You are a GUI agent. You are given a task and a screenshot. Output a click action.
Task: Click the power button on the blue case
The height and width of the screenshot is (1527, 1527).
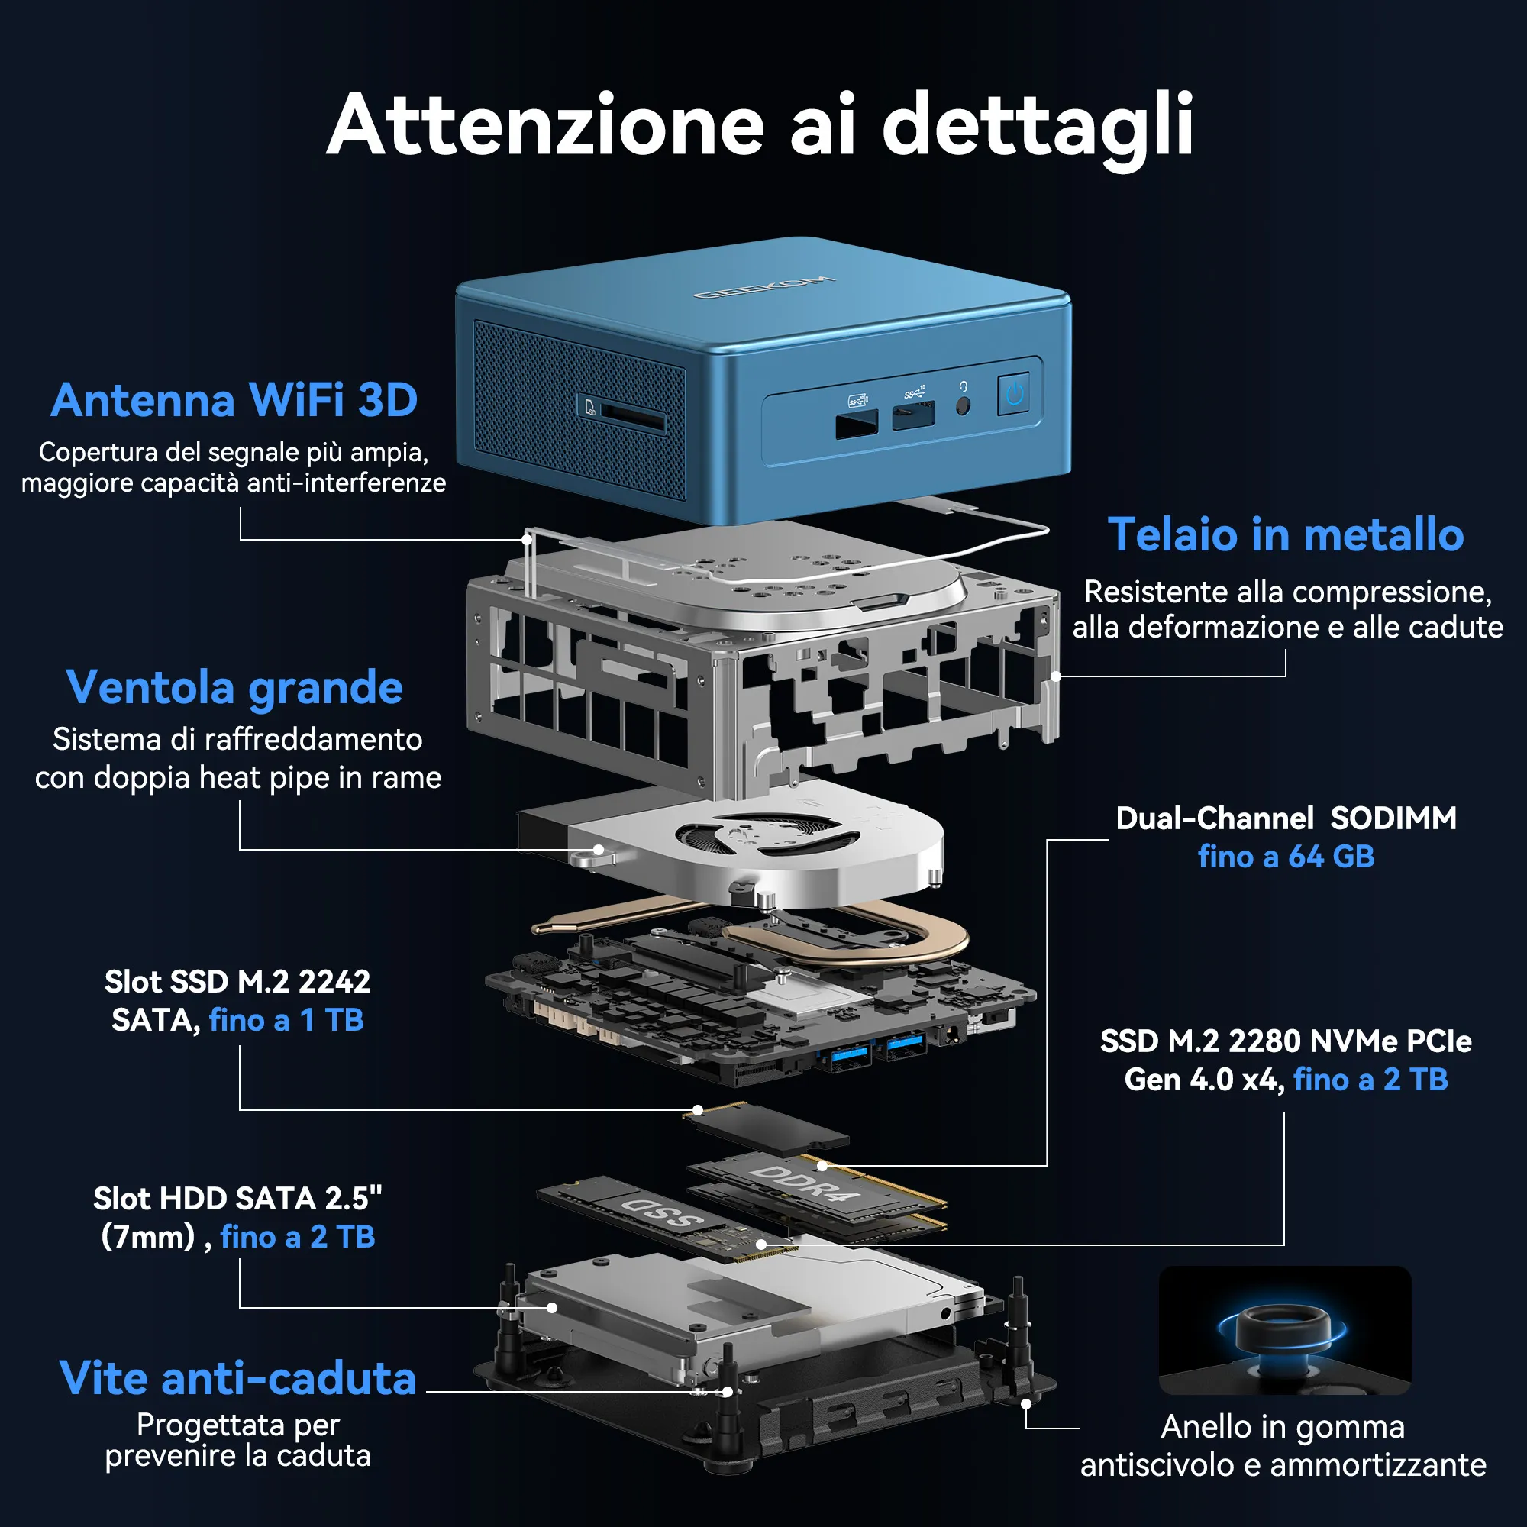click(x=1014, y=392)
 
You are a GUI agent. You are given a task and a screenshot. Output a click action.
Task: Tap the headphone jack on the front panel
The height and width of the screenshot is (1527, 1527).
click(x=963, y=405)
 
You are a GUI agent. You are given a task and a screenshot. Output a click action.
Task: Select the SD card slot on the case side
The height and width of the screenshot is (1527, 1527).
click(x=632, y=417)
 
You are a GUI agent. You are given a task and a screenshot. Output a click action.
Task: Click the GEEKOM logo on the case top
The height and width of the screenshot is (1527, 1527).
click(x=763, y=287)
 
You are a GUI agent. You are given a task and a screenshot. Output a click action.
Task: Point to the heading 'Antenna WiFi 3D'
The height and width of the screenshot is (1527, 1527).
click(x=234, y=399)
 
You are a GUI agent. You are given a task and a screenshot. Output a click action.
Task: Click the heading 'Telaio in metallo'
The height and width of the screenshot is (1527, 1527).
click(x=1286, y=534)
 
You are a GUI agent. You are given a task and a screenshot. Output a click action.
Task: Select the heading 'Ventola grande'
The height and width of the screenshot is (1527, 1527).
click(x=234, y=689)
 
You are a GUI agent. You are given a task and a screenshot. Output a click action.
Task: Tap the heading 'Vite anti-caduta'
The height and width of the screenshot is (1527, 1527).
click(x=238, y=1379)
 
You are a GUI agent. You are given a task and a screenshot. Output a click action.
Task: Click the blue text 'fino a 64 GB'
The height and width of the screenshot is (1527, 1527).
click(x=1286, y=857)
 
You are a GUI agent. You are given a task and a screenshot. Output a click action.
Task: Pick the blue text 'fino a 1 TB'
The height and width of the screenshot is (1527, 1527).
click(x=286, y=1020)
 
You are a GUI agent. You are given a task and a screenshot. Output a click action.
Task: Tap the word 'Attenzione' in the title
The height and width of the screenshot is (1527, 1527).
click(x=545, y=125)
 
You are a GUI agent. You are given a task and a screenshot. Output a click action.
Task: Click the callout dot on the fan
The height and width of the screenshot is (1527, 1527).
click(x=599, y=850)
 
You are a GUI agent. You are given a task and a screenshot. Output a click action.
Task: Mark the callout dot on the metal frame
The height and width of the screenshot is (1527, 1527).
click(x=1056, y=676)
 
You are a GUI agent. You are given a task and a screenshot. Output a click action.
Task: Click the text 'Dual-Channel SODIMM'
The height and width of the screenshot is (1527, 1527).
click(x=1286, y=818)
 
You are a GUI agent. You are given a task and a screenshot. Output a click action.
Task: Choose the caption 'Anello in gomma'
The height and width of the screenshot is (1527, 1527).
click(x=1283, y=1428)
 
